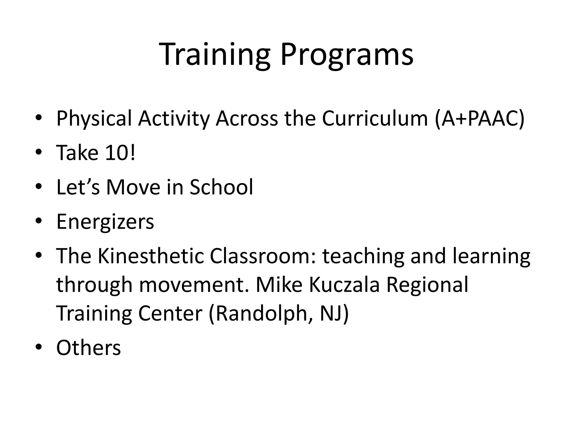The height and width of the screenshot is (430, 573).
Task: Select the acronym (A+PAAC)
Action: pos(480,119)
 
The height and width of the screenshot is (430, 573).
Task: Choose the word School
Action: pos(221,187)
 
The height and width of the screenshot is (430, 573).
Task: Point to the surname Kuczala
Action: pos(344,285)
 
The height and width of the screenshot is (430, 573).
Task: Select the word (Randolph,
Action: pos(261,314)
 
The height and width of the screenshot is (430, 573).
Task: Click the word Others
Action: pos(88,348)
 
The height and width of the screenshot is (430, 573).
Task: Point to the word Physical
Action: pos(94,119)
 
